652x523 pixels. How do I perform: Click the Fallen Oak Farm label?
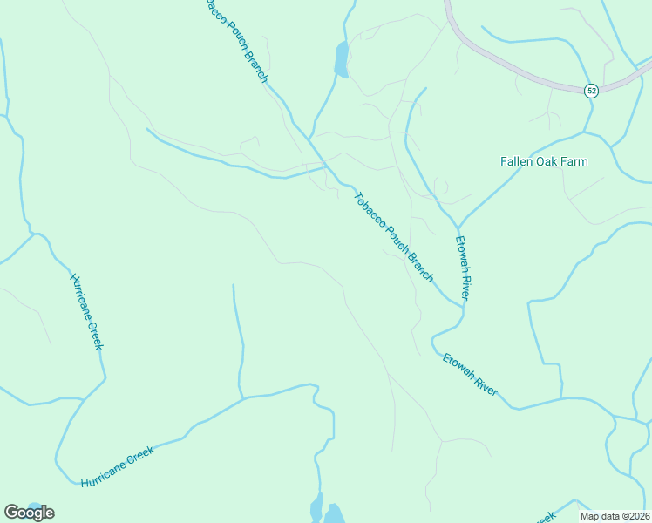click(544, 161)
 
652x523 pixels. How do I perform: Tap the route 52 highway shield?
click(591, 91)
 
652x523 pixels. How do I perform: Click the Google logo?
click(29, 512)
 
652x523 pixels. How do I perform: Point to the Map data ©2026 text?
click(615, 516)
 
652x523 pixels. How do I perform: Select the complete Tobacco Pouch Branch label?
click(393, 236)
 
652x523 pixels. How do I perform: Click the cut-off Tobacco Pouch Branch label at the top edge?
click(236, 40)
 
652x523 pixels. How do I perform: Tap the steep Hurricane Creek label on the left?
click(86, 311)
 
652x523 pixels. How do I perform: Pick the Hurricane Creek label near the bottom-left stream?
click(118, 466)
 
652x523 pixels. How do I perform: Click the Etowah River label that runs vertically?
click(463, 268)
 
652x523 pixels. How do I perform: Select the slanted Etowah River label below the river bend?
click(470, 375)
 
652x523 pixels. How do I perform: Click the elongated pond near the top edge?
click(341, 59)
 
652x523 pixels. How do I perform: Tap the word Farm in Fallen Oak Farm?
click(574, 161)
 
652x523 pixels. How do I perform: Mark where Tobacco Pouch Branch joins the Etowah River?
click(462, 305)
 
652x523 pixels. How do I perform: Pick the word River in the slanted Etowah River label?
click(483, 384)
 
